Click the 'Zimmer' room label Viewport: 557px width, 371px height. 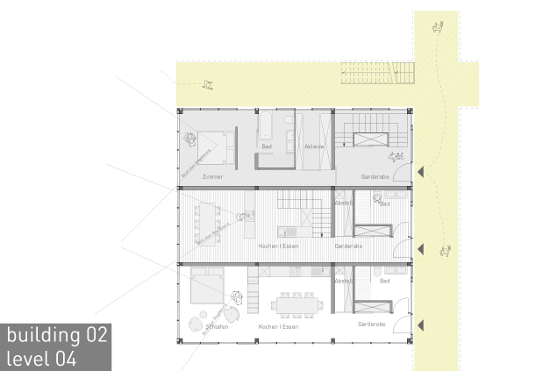pos(212,177)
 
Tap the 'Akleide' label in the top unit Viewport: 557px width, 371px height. pos(314,146)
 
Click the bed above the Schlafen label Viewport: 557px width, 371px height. pos(208,283)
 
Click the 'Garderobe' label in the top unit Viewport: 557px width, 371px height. pos(374,177)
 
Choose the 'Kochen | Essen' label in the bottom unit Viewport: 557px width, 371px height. pos(279,326)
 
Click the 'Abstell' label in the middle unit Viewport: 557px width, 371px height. pos(343,203)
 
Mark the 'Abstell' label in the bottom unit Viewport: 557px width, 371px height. pos(343,281)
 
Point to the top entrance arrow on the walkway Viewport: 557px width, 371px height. pos(421,171)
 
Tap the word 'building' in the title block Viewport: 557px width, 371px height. pos(39,335)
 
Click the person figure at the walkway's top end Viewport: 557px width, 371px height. pos(436,27)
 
